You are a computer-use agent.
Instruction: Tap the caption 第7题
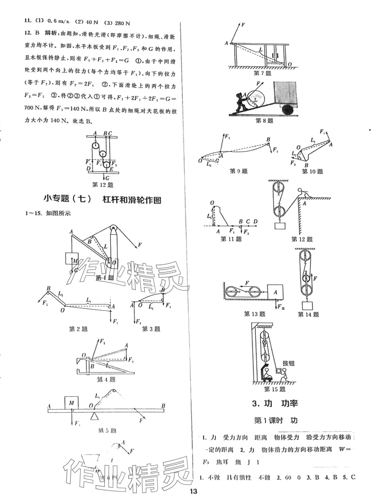[x=263, y=73]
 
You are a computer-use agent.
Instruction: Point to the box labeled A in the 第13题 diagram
[x=275, y=293]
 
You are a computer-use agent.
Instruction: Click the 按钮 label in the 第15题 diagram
[x=288, y=363]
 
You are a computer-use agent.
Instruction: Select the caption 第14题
[x=308, y=315]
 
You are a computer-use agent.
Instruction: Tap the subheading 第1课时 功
[x=276, y=420]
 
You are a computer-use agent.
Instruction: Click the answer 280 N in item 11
[x=122, y=23]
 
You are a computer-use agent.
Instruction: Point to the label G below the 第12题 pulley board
[x=107, y=178]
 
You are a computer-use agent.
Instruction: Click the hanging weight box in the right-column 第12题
[x=280, y=226]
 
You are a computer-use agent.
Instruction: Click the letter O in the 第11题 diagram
[x=212, y=203]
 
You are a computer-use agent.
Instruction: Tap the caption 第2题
[x=78, y=329]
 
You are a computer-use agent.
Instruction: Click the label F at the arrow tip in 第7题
[x=243, y=25]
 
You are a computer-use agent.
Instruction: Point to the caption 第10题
[x=312, y=172]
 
